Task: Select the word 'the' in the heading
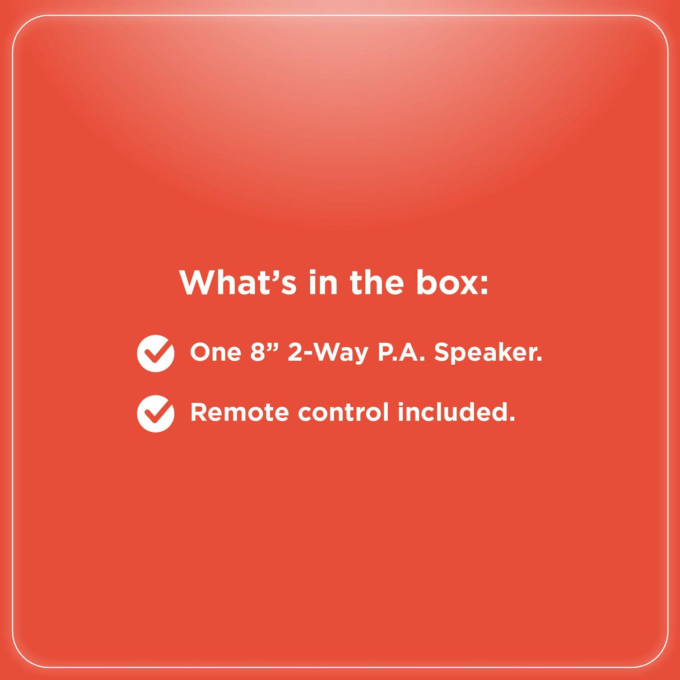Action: [x=376, y=282]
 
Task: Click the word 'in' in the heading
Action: [x=323, y=282]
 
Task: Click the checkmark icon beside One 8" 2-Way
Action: [x=156, y=353]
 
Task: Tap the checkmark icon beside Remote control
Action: [x=156, y=413]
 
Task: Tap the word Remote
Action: [x=240, y=412]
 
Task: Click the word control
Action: [x=343, y=412]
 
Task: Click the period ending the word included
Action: [x=512, y=420]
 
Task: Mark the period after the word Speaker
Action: [x=539, y=360]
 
